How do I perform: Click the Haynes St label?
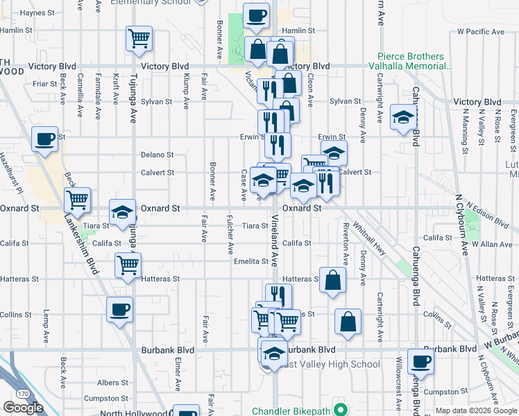pos(37,13)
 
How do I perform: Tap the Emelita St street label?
pos(250,261)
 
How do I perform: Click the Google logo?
pos(23,408)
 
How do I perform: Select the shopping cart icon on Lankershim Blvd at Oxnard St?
pos(78,200)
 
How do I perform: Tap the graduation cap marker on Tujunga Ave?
pos(123,212)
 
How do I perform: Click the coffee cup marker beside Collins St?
pos(119,309)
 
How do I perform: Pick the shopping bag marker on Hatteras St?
pos(333,279)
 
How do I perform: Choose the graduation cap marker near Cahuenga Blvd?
pos(402,116)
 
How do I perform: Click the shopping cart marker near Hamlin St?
pos(139,38)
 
